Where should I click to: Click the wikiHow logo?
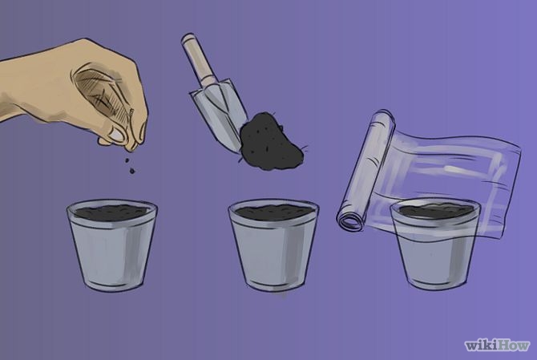pyautogui.click(x=497, y=345)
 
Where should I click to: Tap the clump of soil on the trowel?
pyautogui.click(x=271, y=143)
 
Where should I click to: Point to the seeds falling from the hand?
pyautogui.click(x=130, y=166)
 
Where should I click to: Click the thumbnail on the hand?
pyautogui.click(x=116, y=134)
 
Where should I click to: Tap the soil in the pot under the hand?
pyautogui.click(x=111, y=212)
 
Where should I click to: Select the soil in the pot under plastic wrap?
pyautogui.click(x=436, y=210)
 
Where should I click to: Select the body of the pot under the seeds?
pyautogui.click(x=112, y=247)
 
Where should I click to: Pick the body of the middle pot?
pyautogui.click(x=274, y=247)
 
